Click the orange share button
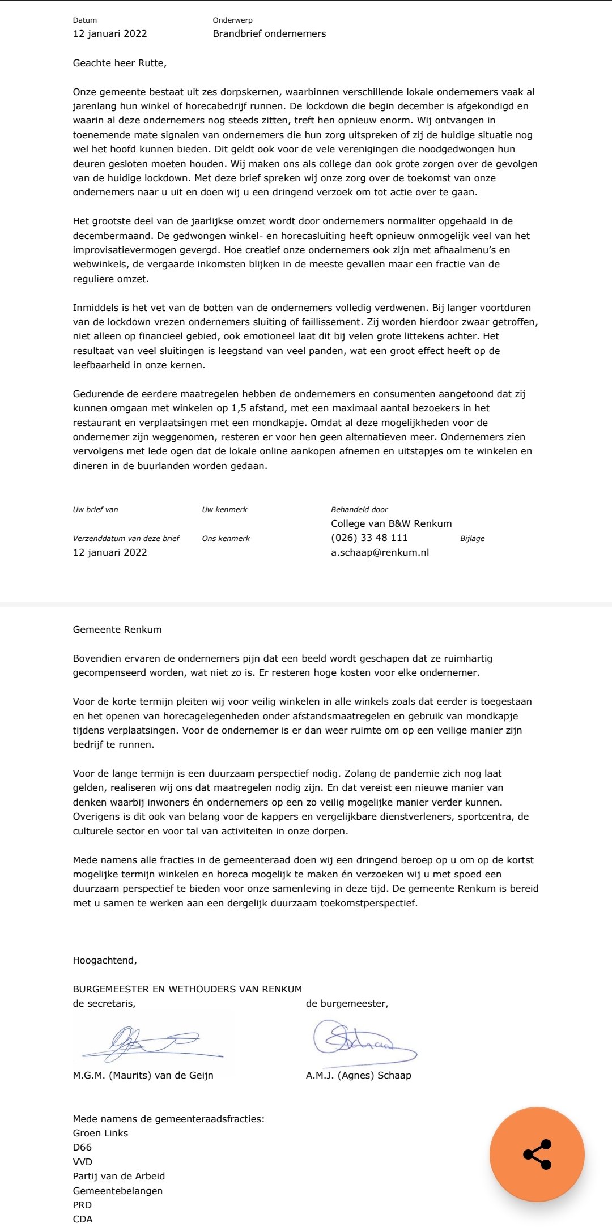(x=537, y=1154)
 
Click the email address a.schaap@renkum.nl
(x=380, y=552)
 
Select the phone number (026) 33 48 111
(x=369, y=538)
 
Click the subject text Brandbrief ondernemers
(x=269, y=33)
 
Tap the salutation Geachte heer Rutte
(x=120, y=63)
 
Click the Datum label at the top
(x=85, y=20)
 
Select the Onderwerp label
(x=232, y=20)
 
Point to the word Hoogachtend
(x=105, y=960)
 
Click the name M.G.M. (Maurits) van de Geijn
(x=143, y=1075)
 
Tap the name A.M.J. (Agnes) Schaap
(x=358, y=1075)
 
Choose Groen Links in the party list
(x=100, y=1133)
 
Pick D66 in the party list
(x=82, y=1147)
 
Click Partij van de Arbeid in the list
(x=119, y=1176)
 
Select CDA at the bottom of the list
(x=83, y=1219)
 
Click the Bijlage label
(x=472, y=538)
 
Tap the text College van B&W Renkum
(x=391, y=523)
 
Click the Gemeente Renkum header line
(x=117, y=629)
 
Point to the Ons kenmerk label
(x=226, y=538)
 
